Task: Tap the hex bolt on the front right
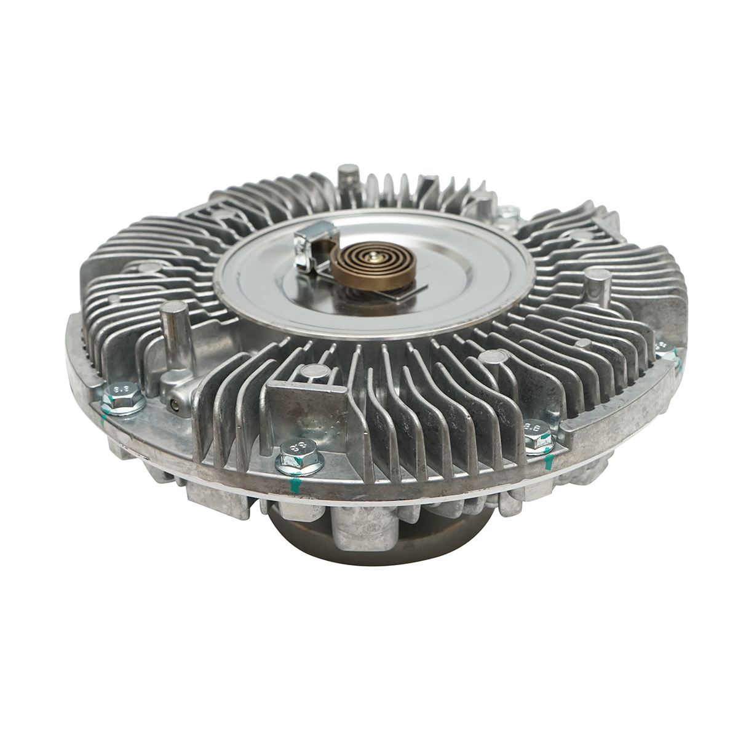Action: point(537,430)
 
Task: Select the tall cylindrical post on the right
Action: point(595,286)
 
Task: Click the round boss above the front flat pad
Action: point(312,371)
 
